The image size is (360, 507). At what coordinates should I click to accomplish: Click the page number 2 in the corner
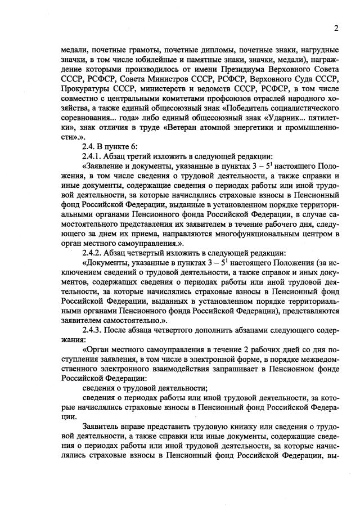point(335,28)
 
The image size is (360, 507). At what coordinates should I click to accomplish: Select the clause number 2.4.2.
point(93,254)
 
